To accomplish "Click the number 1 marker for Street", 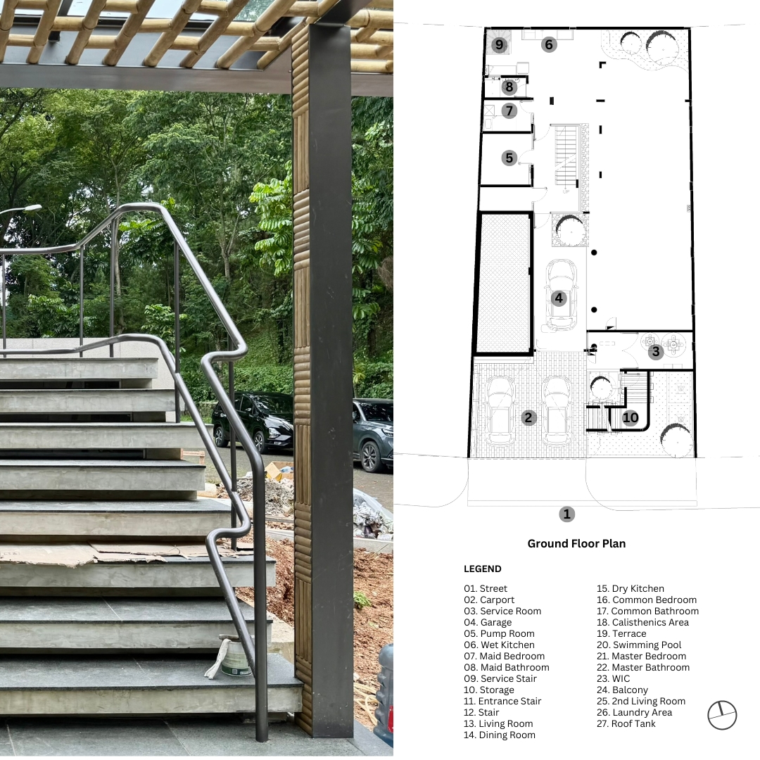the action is click(x=566, y=514).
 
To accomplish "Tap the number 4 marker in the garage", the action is click(x=559, y=298).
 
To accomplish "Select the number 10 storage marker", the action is click(x=630, y=417).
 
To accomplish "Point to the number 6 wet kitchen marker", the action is click(x=549, y=44).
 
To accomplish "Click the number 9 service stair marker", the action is click(x=499, y=45).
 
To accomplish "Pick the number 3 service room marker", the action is click(x=656, y=351).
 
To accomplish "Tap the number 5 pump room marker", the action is click(x=509, y=158).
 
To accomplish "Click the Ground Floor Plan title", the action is click(x=576, y=544).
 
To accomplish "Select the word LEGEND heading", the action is click(x=482, y=569).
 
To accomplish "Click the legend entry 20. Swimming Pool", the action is click(x=639, y=645).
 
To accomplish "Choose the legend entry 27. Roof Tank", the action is click(x=626, y=723).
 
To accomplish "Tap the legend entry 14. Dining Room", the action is click(x=499, y=735).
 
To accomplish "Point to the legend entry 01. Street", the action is click(x=485, y=589).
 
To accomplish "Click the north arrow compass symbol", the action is click(x=722, y=715).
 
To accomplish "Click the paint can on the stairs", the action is click(x=234, y=657).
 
